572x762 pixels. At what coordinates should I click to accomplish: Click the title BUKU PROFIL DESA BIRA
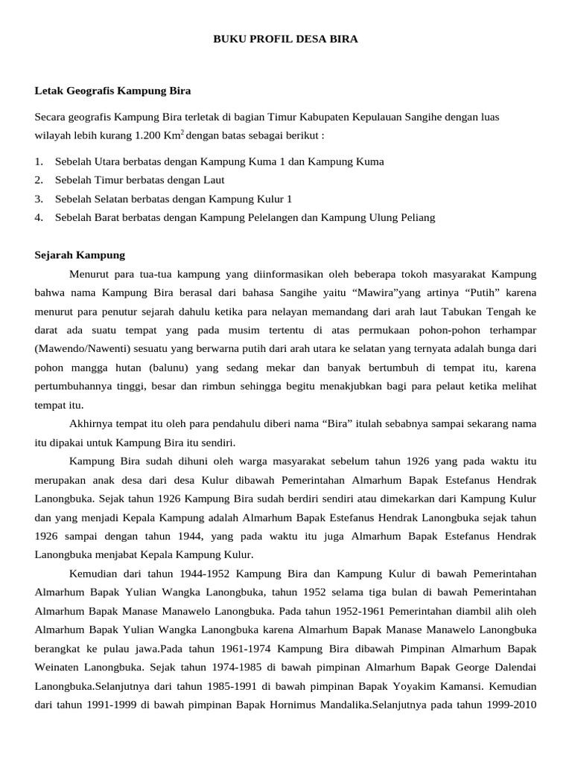(x=285, y=39)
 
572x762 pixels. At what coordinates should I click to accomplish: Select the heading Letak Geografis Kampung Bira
(x=113, y=91)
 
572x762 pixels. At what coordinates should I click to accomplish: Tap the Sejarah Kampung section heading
(x=80, y=254)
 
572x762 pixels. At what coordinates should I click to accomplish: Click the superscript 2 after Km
(x=182, y=133)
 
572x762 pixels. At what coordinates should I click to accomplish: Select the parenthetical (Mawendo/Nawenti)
(x=87, y=348)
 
